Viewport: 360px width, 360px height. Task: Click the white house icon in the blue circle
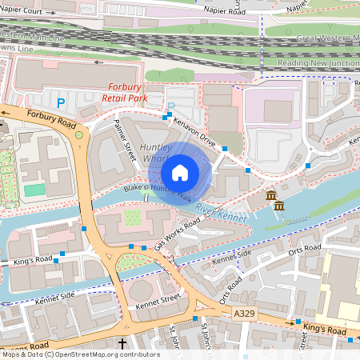click(x=180, y=172)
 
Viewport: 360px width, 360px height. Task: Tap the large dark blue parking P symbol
click(x=61, y=102)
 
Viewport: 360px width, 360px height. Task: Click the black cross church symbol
click(x=122, y=344)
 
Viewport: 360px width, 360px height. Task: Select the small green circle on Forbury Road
click(x=79, y=135)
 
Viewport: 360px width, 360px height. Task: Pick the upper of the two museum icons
click(x=271, y=196)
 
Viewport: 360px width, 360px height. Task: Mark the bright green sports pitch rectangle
click(x=34, y=190)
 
